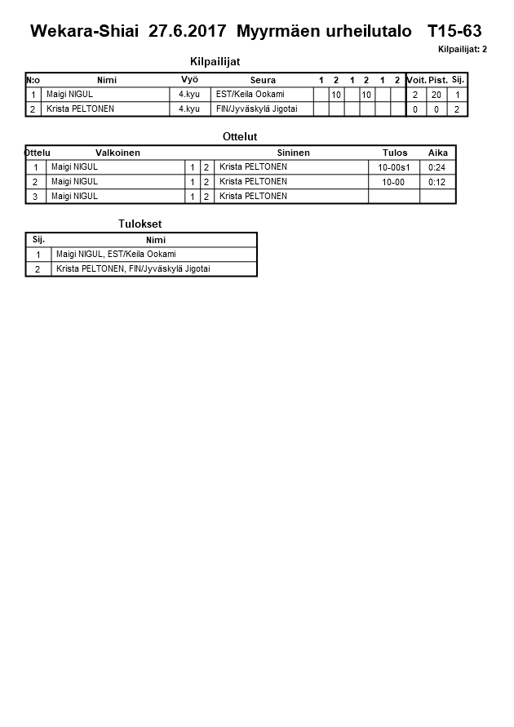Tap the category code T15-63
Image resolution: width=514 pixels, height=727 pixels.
coord(454,32)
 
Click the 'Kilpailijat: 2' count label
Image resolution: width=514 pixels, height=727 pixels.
coord(462,49)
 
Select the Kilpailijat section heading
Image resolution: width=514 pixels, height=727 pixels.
coord(215,61)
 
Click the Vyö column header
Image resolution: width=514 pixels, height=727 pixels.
coord(189,80)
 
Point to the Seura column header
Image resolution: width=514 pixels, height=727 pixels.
coord(263,80)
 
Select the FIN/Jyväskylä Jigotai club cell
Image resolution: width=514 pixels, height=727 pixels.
coord(256,109)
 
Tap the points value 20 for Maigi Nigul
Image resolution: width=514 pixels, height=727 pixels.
coord(436,95)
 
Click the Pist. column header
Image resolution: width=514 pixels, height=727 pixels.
coord(437,80)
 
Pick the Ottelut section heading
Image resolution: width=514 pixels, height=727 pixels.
coord(240,136)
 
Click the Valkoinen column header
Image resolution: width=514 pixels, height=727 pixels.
coord(117,153)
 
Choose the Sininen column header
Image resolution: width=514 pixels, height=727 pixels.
coord(293,153)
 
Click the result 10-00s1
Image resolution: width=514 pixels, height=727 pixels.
coord(393,167)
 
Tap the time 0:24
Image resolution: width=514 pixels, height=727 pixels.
coord(437,167)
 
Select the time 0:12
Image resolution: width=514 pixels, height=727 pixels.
coord(437,182)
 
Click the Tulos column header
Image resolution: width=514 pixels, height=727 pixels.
coord(394,153)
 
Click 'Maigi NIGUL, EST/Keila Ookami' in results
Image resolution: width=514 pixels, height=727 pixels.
coord(116,254)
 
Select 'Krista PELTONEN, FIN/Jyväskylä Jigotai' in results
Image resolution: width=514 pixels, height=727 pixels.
coord(133,268)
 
